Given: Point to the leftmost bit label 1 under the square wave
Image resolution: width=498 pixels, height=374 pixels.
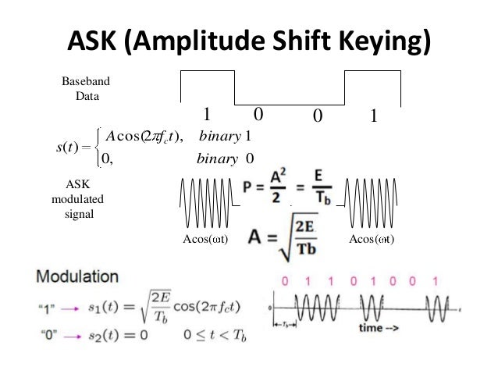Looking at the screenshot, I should tap(207, 116).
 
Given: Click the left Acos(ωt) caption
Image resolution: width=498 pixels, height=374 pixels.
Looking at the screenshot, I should tap(205, 239).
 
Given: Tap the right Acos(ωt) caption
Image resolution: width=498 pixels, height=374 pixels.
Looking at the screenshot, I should tap(372, 239).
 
